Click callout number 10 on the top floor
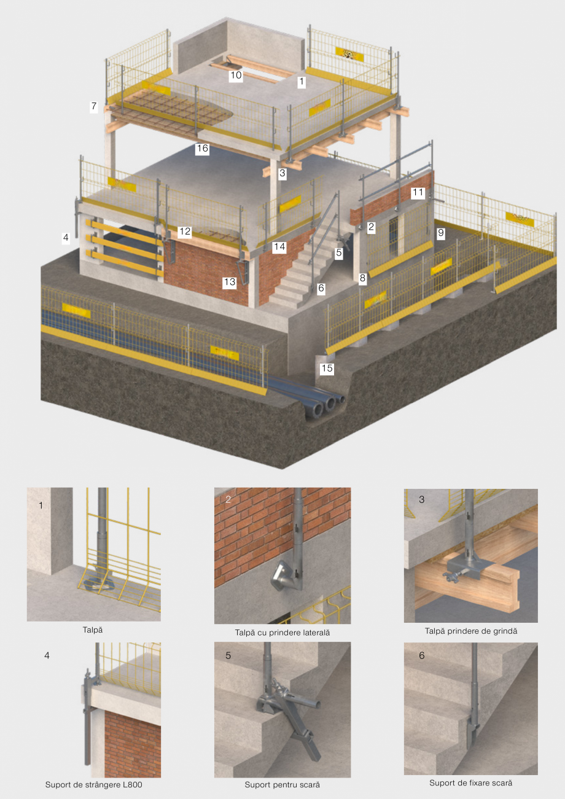tap(236, 76)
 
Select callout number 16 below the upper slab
tap(202, 149)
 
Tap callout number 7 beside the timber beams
tap(93, 106)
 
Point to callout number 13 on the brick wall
tap(230, 282)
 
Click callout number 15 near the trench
tap(327, 368)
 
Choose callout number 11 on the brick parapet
tap(418, 192)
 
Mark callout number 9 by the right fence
tap(440, 233)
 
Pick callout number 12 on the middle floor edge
tap(185, 232)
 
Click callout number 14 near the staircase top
tap(279, 246)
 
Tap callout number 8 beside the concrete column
tap(362, 278)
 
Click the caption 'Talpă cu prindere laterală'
tap(282, 632)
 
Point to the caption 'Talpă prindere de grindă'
tap(470, 631)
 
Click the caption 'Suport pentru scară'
tap(282, 784)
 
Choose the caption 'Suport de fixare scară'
tap(470, 783)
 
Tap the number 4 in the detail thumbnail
tap(47, 655)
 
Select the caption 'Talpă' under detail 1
tap(93, 629)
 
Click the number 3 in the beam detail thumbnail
tap(421, 499)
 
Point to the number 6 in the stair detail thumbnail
tap(421, 655)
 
